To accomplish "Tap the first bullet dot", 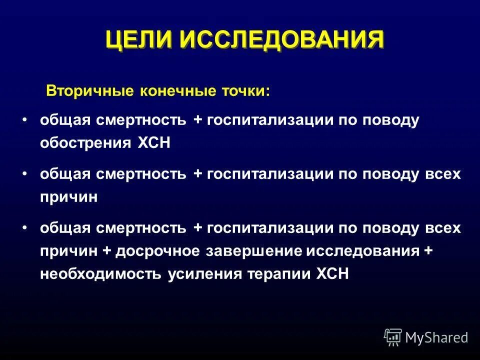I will [x=24, y=120].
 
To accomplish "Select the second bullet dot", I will [x=24, y=174].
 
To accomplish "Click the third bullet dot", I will [x=24, y=228].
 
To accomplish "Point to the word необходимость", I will [x=100, y=275].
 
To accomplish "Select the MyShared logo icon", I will [x=393, y=337].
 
